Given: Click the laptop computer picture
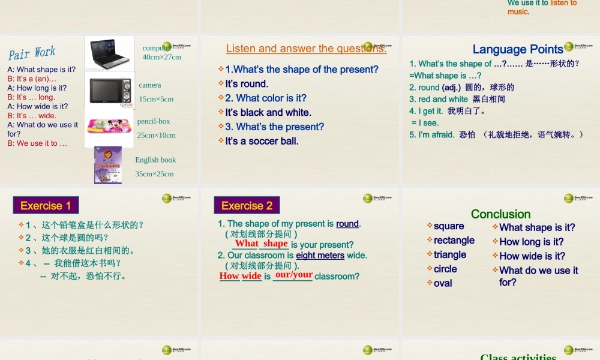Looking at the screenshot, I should coord(109,53).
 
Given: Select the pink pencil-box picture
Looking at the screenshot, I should coord(110,126).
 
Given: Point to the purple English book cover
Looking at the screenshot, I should coord(108,165).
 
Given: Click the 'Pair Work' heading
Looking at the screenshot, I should coord(32,53).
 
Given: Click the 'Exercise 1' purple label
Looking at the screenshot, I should coord(46,206).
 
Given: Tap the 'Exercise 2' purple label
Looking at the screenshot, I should coord(247,206).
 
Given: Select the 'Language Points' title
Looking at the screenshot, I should coord(518,49).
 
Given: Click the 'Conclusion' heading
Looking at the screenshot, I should coord(500,214).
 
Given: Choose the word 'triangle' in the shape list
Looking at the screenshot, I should coord(450,254).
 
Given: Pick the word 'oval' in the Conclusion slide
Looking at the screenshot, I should coord(443,283).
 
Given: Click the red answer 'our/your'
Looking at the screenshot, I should coord(293,275).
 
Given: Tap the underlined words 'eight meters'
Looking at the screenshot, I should coord(320,255).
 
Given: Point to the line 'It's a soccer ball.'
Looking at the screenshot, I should coord(262,141).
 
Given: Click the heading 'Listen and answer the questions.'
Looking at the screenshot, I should coord(306,49).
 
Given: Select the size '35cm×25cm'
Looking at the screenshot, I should coord(154,174).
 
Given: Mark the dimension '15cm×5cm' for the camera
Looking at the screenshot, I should coord(156,99).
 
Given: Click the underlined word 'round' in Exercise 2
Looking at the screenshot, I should coord(347,224).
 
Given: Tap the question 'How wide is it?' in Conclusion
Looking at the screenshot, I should coord(532,256).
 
